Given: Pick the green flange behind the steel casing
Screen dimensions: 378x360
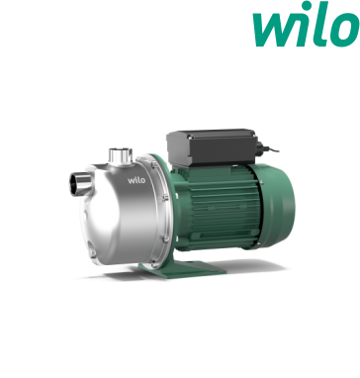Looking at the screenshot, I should click(x=164, y=198).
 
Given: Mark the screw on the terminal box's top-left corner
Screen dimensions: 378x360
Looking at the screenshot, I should click(x=179, y=134).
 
